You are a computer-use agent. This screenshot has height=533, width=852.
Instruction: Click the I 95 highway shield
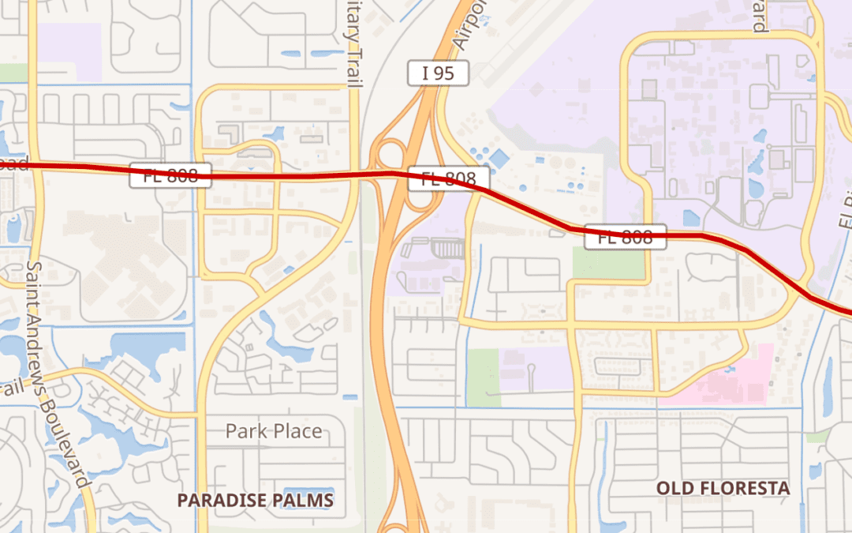439,73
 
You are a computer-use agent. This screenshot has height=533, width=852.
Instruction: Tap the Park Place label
274,431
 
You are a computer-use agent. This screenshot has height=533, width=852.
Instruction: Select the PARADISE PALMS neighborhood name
255,501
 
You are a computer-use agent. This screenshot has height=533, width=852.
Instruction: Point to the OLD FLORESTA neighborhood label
723,488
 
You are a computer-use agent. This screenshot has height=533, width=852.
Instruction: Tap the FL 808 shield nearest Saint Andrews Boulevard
171,175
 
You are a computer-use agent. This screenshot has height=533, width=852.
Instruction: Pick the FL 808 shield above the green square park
626,236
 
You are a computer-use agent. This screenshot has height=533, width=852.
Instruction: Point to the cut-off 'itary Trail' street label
351,39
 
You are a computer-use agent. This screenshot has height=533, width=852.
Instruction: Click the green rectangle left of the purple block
484,377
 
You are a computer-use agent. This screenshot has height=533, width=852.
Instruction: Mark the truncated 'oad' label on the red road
13,165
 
